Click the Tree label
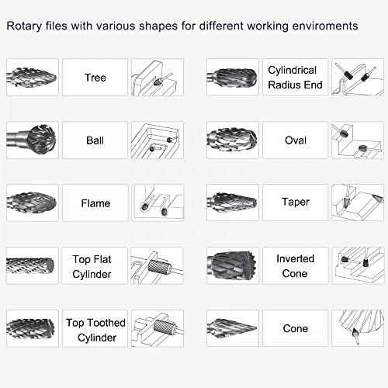[95, 78]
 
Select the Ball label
[95, 140]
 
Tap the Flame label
[95, 203]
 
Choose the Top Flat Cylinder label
[95, 267]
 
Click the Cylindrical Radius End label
[295, 78]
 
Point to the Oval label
[295, 140]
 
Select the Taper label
[295, 202]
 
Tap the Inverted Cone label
[295, 266]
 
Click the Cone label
[295, 329]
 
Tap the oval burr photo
[233, 140]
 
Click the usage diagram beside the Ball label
[158, 140]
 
